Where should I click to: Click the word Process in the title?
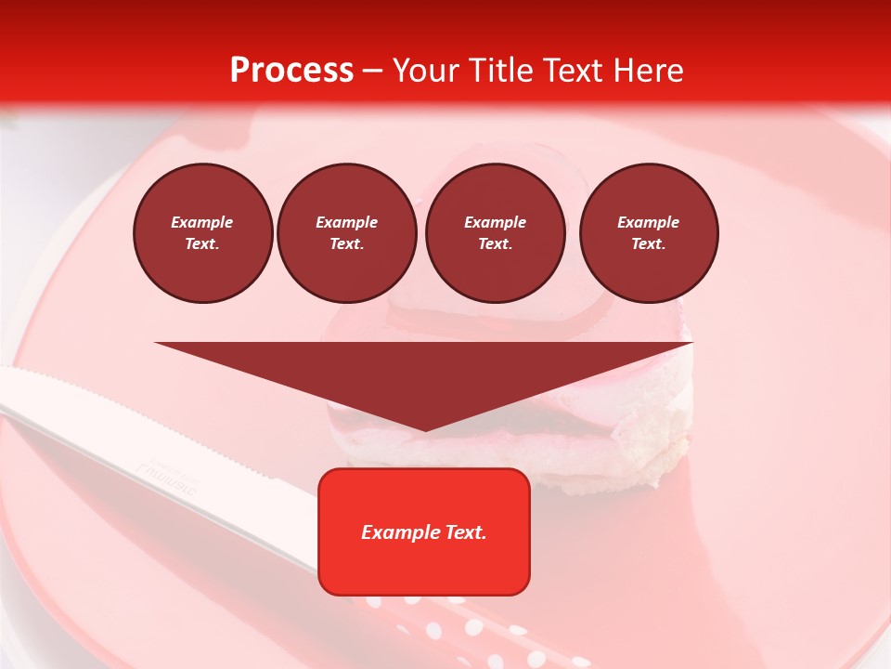point(291,71)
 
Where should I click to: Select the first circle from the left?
point(203,233)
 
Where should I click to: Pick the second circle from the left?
point(347,233)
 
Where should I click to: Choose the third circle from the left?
point(495,233)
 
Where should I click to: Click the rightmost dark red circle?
point(649,233)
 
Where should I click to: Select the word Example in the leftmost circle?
point(202,222)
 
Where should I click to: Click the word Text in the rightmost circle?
point(648,243)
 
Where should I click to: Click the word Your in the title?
point(426,71)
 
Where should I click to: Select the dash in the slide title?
point(373,72)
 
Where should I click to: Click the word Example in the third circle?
point(495,222)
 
